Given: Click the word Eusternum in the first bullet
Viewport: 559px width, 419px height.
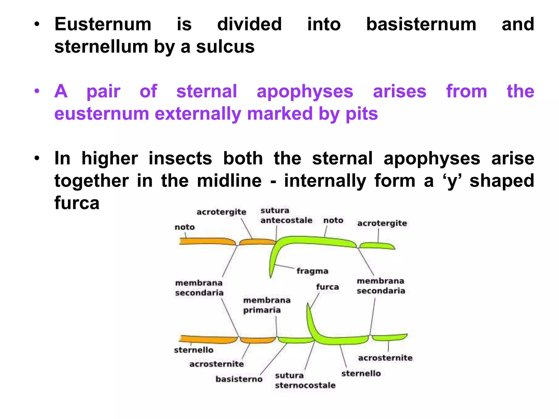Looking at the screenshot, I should pos(103,25).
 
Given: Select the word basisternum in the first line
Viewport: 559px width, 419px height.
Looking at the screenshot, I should pos(421,25).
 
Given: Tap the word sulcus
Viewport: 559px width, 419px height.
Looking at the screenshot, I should pos(225,47).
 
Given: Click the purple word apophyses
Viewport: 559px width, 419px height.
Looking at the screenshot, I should pos(305,91).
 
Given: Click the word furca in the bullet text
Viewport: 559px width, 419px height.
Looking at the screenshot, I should pos(77,203).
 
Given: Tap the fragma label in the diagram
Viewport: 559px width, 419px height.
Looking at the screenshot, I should pos(312,271).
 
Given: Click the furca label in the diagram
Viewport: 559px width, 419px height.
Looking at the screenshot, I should pos(327,287).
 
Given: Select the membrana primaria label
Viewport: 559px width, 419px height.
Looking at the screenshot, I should pos(266,305).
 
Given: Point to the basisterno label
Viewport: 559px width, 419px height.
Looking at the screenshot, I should pos(239,379).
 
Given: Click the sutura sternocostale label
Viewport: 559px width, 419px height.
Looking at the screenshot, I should pos(305,380).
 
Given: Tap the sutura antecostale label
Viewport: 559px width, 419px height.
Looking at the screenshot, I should pos(286,215).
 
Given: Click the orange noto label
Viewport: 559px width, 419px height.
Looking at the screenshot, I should pos(185,227).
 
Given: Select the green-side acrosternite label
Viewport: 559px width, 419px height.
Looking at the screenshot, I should pos(385,358).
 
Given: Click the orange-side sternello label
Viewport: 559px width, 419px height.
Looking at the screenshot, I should pos(194,350).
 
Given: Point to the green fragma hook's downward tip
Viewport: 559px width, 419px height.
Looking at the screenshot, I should pos(271,276).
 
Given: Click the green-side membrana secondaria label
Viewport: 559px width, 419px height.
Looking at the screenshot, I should pos(381,286).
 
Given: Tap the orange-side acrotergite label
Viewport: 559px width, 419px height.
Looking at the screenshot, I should pos(221,212).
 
